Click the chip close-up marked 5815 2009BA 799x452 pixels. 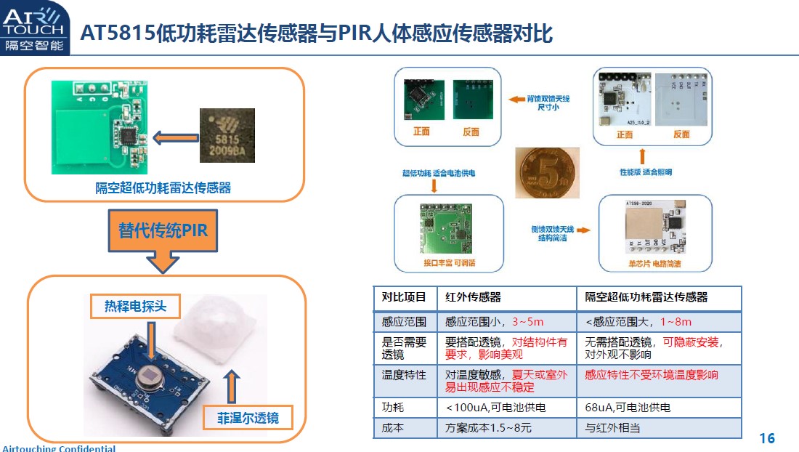pos(227,135)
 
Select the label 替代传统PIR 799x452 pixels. pos(163,230)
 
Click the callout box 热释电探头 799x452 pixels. pos(134,306)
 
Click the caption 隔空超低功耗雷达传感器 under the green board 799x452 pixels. pos(163,187)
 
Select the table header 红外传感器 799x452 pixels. pos(473,297)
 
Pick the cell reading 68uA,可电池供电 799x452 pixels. pos(628,408)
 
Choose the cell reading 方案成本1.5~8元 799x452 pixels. pos(488,428)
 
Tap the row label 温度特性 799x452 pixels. pos(404,375)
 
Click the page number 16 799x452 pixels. pos(767,438)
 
